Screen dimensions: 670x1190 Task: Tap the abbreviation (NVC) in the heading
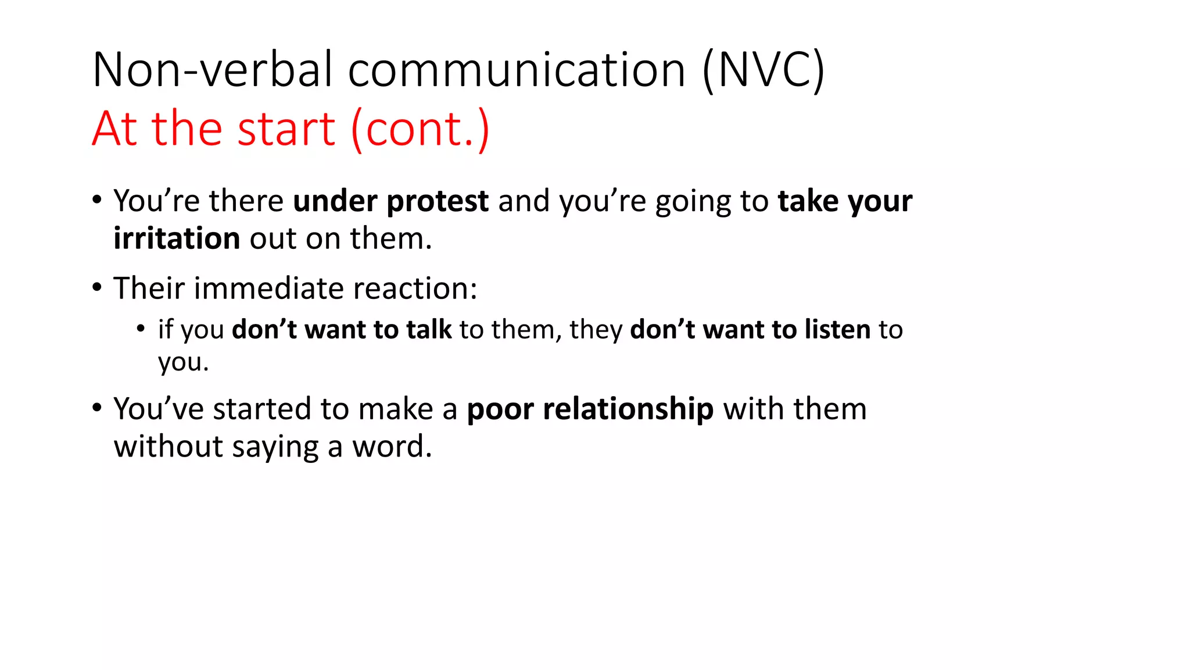[763, 70]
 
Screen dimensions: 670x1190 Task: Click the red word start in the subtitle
[286, 129]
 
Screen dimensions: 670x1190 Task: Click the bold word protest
[438, 202]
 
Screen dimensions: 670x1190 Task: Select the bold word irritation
[177, 238]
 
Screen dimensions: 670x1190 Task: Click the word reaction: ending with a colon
[415, 288]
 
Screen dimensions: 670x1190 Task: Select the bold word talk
[429, 329]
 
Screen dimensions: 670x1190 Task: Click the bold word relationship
[628, 409]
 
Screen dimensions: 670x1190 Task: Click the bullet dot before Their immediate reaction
[97, 287]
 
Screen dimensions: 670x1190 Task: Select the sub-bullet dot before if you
[141, 329]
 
